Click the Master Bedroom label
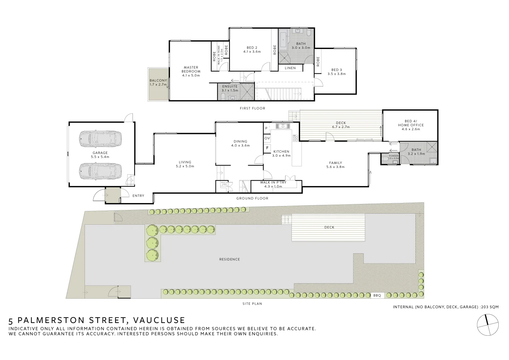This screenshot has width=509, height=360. pos(191,69)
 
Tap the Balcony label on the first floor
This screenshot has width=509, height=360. pos(158,81)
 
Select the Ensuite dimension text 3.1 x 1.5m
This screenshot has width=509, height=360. pos(230,90)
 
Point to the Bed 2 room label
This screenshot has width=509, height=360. pos(252,48)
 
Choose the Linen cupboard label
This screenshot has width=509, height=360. pos(290,68)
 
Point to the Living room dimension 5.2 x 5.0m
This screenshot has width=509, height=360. pos(185,166)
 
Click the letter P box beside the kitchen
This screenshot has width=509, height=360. pos(266,128)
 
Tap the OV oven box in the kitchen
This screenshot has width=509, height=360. pos(267,138)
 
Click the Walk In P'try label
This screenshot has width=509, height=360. pos(273,183)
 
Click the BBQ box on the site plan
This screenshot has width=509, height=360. pos(377,295)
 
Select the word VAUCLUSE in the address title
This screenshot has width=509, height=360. pos(159,320)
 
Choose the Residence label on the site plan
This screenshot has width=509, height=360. pos(230,259)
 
